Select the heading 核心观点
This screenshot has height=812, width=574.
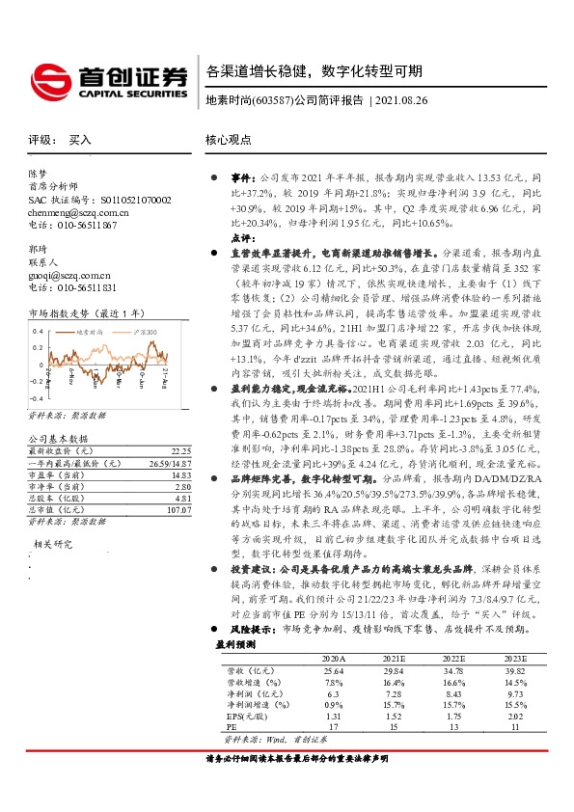point(229,140)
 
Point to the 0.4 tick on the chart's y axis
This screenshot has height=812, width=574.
point(39,331)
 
